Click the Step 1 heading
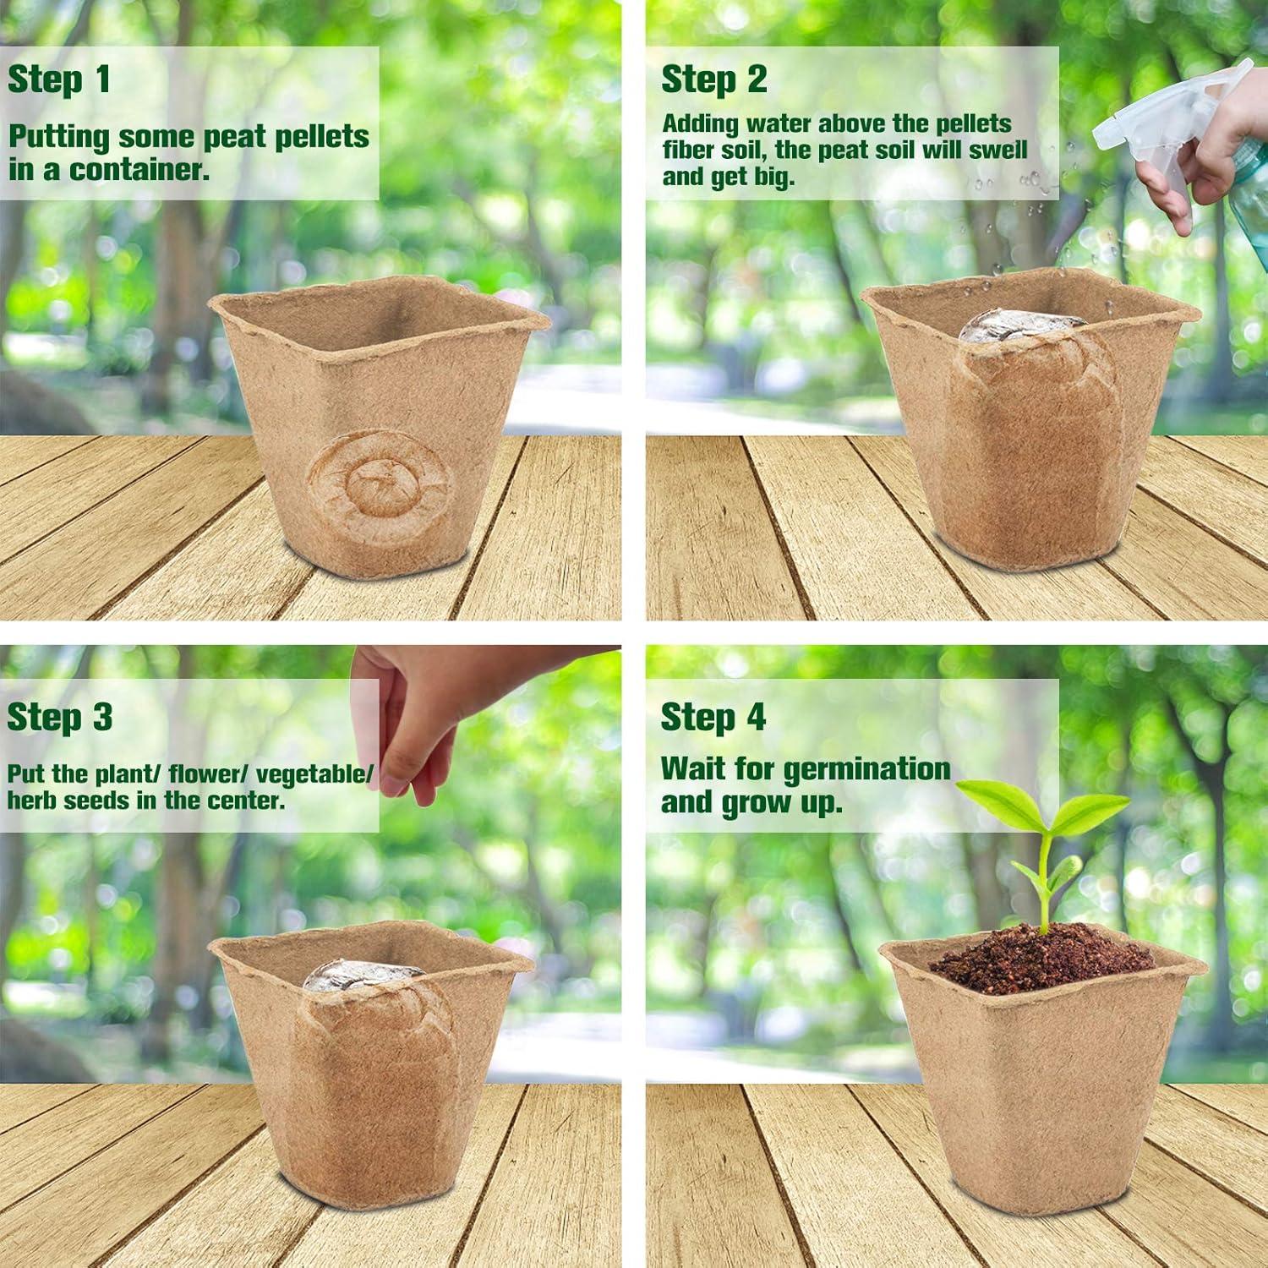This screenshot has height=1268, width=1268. point(59,79)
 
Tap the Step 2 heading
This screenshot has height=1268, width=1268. point(714,79)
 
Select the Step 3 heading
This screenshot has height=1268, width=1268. point(59,717)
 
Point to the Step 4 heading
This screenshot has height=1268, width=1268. point(713,717)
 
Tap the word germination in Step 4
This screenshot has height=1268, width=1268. point(866,769)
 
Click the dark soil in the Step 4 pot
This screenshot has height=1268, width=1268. point(1044,955)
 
